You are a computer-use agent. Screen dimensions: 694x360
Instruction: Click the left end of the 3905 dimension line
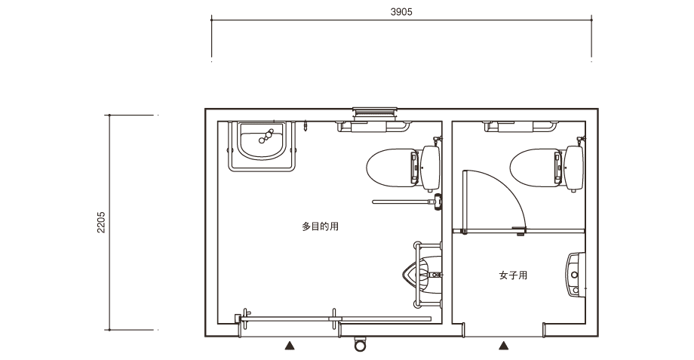pyautogui.click(x=211, y=20)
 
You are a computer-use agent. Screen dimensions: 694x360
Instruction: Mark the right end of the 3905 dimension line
pyautogui.click(x=591, y=20)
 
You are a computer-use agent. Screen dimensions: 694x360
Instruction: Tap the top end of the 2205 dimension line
pyautogui.click(x=110, y=115)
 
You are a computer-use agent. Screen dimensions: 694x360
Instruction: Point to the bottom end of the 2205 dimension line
pyautogui.click(x=110, y=330)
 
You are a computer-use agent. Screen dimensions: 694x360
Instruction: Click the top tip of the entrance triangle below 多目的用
pyautogui.click(x=290, y=341)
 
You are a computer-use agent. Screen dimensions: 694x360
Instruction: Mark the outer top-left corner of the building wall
pyautogui.click(x=205, y=109)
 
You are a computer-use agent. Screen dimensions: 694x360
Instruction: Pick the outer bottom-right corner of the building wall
pyautogui.click(x=598, y=337)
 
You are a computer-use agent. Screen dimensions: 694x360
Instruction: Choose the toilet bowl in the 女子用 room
pyautogui.click(x=536, y=168)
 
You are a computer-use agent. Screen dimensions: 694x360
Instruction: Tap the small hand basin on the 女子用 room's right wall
pyautogui.click(x=575, y=275)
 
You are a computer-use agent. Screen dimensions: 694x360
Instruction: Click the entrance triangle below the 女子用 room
pyautogui.click(x=504, y=346)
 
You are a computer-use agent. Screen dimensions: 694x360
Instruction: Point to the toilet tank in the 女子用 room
pyautogui.click(x=574, y=168)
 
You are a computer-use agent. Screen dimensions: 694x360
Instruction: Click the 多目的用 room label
pyautogui.click(x=321, y=226)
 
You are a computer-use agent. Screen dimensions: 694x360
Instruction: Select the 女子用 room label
pyautogui.click(x=513, y=275)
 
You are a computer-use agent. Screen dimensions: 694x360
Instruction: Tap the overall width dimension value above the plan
pyautogui.click(x=401, y=12)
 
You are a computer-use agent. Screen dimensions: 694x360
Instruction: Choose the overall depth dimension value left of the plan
pyautogui.click(x=101, y=223)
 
